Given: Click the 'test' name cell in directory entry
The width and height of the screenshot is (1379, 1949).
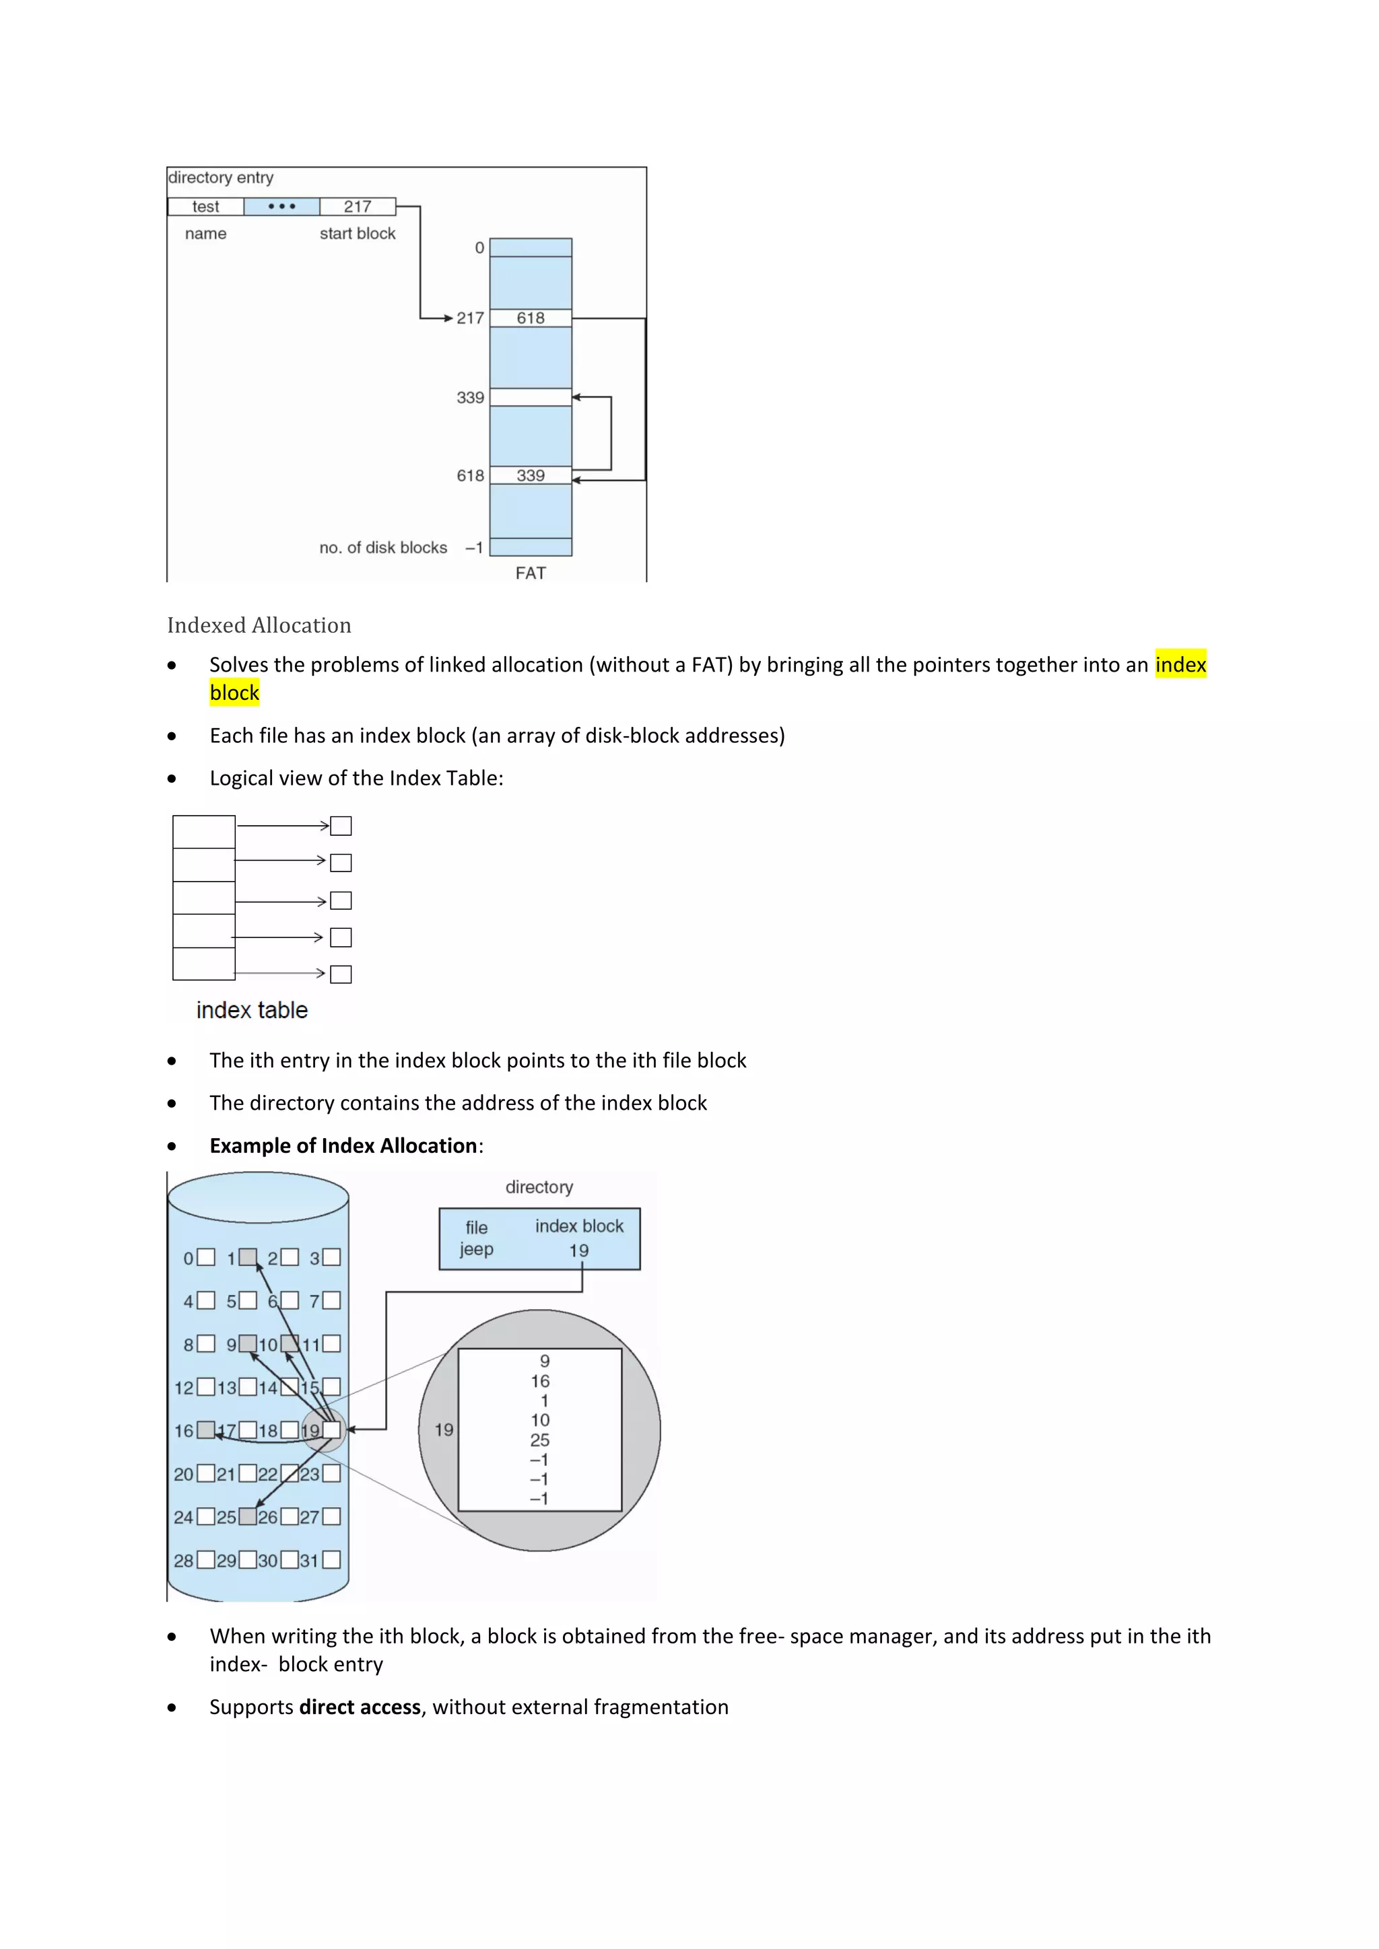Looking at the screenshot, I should pos(205,207).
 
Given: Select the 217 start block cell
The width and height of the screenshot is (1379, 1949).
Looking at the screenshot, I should pos(358,207).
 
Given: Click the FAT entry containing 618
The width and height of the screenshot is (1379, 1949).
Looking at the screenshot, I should pos(531,318).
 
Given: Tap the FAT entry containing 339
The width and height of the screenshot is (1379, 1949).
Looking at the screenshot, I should pos(531,475).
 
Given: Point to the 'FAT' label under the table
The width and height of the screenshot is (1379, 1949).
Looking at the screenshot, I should pos(531,573).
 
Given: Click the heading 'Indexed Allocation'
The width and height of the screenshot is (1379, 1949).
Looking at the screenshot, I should pos(259,626).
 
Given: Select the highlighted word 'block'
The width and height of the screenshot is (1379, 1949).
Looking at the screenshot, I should pos(234,693).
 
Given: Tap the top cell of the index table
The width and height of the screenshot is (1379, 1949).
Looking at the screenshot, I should pos(204,832).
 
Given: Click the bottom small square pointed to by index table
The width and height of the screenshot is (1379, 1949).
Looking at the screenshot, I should pos(341,974).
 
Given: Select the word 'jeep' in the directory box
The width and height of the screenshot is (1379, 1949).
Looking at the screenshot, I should pos(476,1250).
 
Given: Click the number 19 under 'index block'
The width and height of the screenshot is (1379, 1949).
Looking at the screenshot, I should pos(579,1250).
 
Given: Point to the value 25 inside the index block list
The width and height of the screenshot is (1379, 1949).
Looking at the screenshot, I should pos(540,1440).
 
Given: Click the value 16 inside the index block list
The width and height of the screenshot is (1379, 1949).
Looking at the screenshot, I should pos(540,1381).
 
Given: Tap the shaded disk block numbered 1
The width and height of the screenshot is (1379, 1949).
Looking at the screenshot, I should pos(247,1257).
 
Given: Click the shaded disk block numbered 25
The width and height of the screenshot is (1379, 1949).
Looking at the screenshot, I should pos(247,1516).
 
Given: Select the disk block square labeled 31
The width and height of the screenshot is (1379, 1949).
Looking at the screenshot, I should pos(331,1559).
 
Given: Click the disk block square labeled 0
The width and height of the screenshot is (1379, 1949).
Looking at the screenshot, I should pos(205,1257).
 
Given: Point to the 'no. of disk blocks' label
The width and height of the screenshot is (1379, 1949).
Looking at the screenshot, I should pos(383,548).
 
